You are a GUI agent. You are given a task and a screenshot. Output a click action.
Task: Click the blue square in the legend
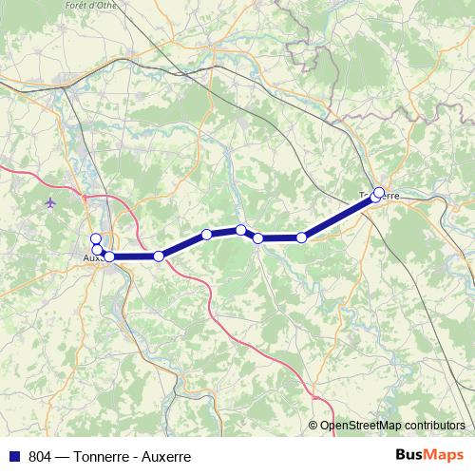point(13,456)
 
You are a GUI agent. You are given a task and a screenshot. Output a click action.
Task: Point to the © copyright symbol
point(313,427)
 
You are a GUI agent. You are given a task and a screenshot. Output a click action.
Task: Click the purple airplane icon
point(50,202)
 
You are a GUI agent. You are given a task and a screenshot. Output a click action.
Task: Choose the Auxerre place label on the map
point(93,256)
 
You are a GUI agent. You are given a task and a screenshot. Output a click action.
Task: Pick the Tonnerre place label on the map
point(379,196)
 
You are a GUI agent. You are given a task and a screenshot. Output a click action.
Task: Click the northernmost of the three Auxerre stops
point(95,238)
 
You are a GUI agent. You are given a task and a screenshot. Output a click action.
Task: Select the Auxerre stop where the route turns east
point(109,256)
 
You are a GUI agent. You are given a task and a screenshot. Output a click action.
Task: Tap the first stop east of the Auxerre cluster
point(159,256)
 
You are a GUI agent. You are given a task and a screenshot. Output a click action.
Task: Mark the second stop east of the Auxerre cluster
point(206,235)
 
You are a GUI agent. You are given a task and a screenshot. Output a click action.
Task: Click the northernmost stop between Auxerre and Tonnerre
point(241,229)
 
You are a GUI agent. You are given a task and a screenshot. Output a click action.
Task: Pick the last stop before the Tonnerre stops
point(302,237)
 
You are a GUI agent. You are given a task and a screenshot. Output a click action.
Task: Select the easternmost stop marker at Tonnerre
point(379,193)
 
